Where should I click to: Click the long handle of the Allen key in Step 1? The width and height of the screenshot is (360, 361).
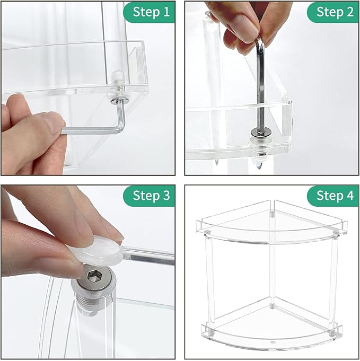click(90, 129)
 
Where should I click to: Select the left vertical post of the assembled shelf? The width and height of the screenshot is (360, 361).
click(209, 276)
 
